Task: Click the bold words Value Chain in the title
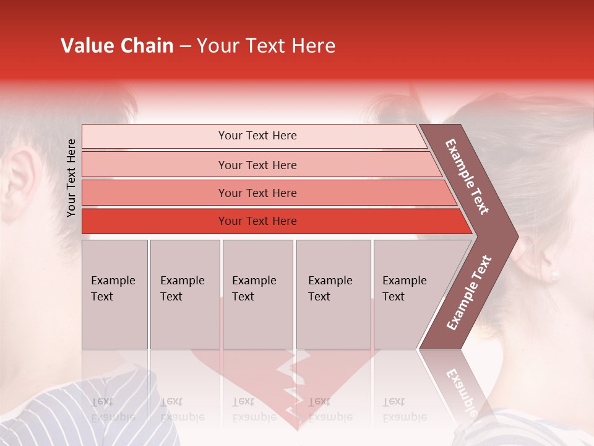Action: [117, 46]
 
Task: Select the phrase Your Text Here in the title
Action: [266, 46]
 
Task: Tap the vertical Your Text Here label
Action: [71, 178]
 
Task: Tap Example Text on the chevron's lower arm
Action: [469, 292]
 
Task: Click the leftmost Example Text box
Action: [114, 294]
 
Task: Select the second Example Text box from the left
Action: [184, 294]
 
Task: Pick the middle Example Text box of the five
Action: [257, 294]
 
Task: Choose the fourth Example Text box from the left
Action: [333, 294]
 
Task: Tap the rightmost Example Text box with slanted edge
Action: [408, 294]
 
